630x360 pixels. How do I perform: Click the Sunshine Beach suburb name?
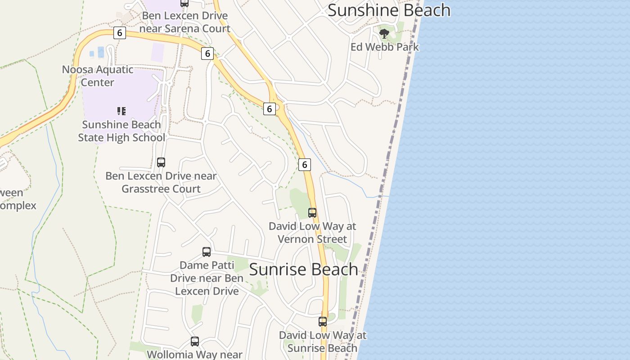coord(389,10)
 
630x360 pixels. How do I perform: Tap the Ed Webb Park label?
coord(384,47)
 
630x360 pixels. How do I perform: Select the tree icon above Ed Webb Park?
coord(384,33)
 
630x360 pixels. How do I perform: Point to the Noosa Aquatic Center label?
coord(98,76)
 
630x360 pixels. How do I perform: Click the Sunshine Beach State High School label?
coord(121,131)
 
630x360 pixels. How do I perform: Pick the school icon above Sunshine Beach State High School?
coord(121,111)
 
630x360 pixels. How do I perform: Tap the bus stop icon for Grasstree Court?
coord(161,162)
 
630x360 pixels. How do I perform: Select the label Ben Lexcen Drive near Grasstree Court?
coord(161,182)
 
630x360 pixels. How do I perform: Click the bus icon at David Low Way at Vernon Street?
coord(312,212)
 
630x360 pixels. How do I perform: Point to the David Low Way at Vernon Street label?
coord(312,232)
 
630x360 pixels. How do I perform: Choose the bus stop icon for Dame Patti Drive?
coord(207,252)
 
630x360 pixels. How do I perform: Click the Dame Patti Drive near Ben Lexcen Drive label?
coord(207,278)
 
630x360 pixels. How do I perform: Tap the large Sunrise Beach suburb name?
coord(303,270)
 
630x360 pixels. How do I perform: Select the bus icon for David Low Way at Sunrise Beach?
coord(323,321)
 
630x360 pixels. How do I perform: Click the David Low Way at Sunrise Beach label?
coord(323,342)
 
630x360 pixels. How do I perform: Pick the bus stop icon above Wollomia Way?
coord(195,342)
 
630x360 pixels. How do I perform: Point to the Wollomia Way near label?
coord(195,354)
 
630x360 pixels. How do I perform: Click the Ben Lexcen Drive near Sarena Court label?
coord(184,22)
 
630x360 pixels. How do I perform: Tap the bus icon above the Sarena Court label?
coord(184,3)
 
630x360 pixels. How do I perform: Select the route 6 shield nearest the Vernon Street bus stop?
coord(305,165)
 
